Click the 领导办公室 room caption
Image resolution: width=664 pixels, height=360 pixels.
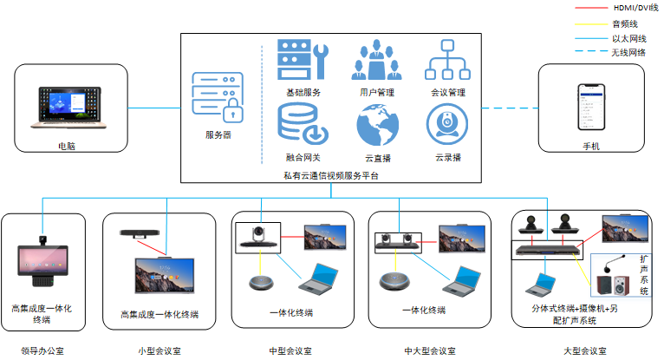click(x=43, y=350)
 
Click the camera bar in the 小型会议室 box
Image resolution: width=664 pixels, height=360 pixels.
click(x=140, y=233)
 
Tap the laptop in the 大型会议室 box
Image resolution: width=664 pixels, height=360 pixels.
click(x=544, y=284)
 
